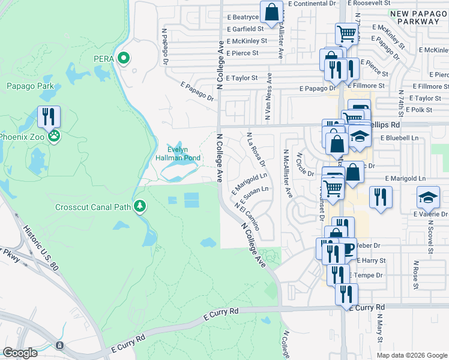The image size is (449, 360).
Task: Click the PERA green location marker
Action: tap(124, 58)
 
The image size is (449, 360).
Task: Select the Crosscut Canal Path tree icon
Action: tap(140, 206)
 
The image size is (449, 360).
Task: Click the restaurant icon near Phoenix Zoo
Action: tap(49, 116)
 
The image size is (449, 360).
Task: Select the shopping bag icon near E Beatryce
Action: tap(272, 13)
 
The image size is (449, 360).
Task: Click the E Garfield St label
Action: tap(246, 29)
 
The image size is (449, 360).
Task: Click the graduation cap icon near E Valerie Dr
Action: tap(429, 196)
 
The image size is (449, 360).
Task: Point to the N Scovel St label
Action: tap(430, 229)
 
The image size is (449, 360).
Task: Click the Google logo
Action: tap(20, 353)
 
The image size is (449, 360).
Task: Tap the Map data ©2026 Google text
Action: tap(411, 355)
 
